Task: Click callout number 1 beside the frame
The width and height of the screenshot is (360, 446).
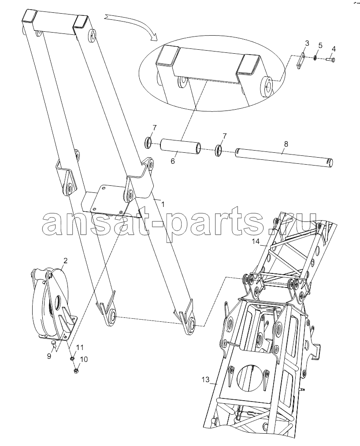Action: (163, 204)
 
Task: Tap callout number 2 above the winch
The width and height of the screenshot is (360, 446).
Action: (65, 261)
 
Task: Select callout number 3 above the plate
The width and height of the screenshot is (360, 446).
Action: (307, 43)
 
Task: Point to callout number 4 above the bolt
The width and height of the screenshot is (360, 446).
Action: (334, 49)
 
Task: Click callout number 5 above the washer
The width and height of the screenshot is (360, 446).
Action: (320, 45)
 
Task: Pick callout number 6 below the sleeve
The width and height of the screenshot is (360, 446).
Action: (172, 162)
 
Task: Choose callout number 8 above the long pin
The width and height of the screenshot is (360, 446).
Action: (286, 144)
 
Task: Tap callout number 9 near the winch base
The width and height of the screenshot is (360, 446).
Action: (49, 356)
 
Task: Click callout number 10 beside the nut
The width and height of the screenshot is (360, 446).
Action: (84, 359)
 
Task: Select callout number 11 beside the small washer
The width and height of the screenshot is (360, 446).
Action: (80, 347)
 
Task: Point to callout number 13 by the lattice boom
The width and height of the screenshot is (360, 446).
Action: (205, 380)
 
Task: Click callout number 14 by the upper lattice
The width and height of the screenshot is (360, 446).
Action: (256, 241)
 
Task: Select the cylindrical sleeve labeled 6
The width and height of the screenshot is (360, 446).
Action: (181, 146)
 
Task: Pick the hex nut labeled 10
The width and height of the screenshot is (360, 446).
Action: (76, 371)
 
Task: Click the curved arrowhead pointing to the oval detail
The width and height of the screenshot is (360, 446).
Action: (154, 37)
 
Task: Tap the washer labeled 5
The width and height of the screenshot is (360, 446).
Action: (315, 58)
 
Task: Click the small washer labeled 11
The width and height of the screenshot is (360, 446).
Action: (73, 358)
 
